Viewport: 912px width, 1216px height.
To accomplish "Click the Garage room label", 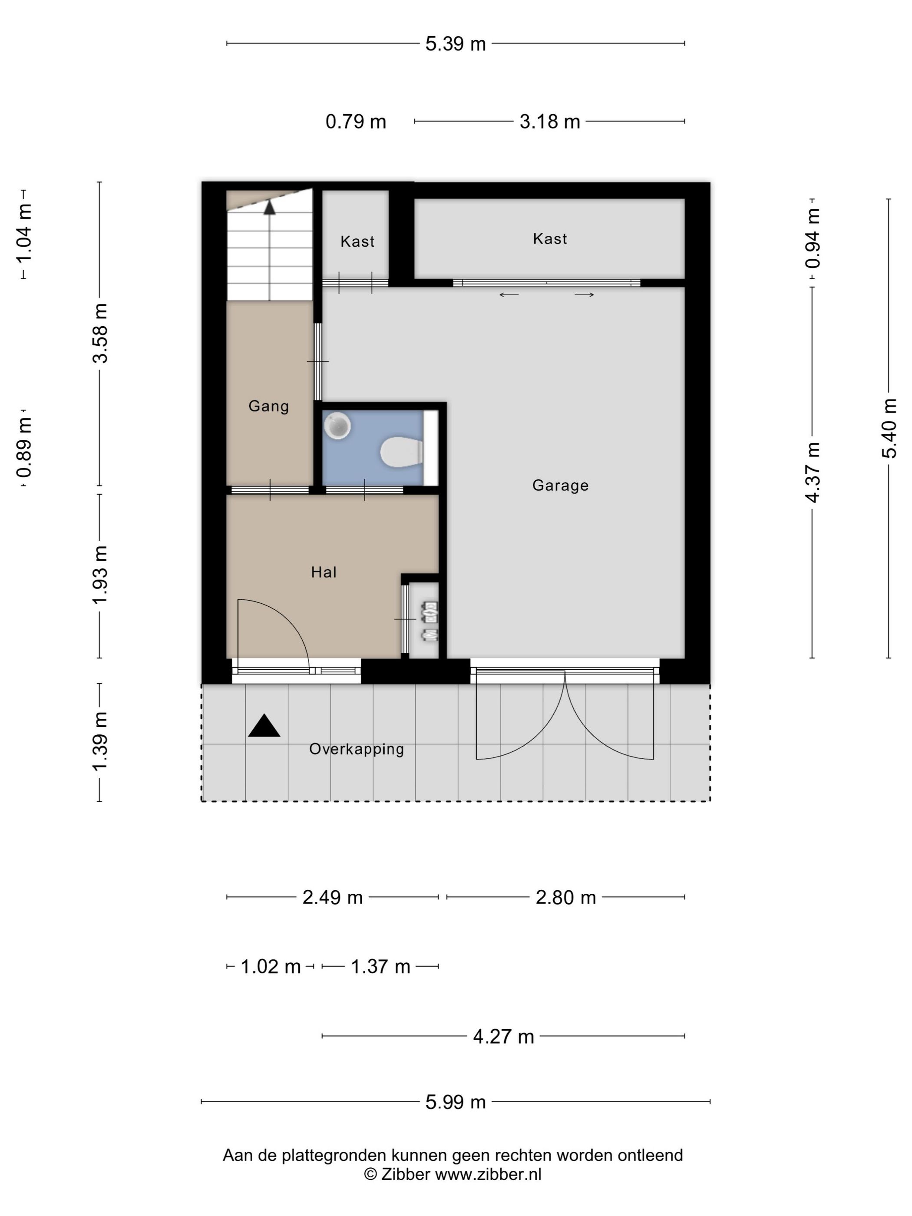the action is coord(560,486).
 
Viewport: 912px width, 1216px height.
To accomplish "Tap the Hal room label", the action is coord(324,572).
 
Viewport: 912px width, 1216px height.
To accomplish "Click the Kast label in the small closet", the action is coord(357,241).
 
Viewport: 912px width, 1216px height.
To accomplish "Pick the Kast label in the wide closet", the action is coord(550,238).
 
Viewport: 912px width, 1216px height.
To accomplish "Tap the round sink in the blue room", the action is coord(337,426).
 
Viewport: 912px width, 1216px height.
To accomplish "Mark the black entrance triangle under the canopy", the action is coord(264,726).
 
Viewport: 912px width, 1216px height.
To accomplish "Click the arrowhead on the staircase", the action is coord(269,207).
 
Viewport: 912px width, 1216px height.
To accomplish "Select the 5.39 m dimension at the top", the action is coord(456,44).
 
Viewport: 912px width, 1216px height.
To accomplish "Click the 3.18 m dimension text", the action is coord(550,122).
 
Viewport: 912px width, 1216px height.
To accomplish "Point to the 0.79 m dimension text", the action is coord(356,122).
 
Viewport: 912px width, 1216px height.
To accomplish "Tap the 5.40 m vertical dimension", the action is coord(889,428).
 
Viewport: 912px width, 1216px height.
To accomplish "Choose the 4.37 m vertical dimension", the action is coord(812,472).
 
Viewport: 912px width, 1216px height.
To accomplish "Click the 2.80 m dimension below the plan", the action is coord(566,897).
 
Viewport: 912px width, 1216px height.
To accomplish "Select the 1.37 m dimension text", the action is coord(380,966).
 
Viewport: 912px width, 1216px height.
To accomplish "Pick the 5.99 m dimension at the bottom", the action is coord(456,1102).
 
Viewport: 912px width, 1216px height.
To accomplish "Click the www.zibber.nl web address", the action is coord(488,1174).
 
